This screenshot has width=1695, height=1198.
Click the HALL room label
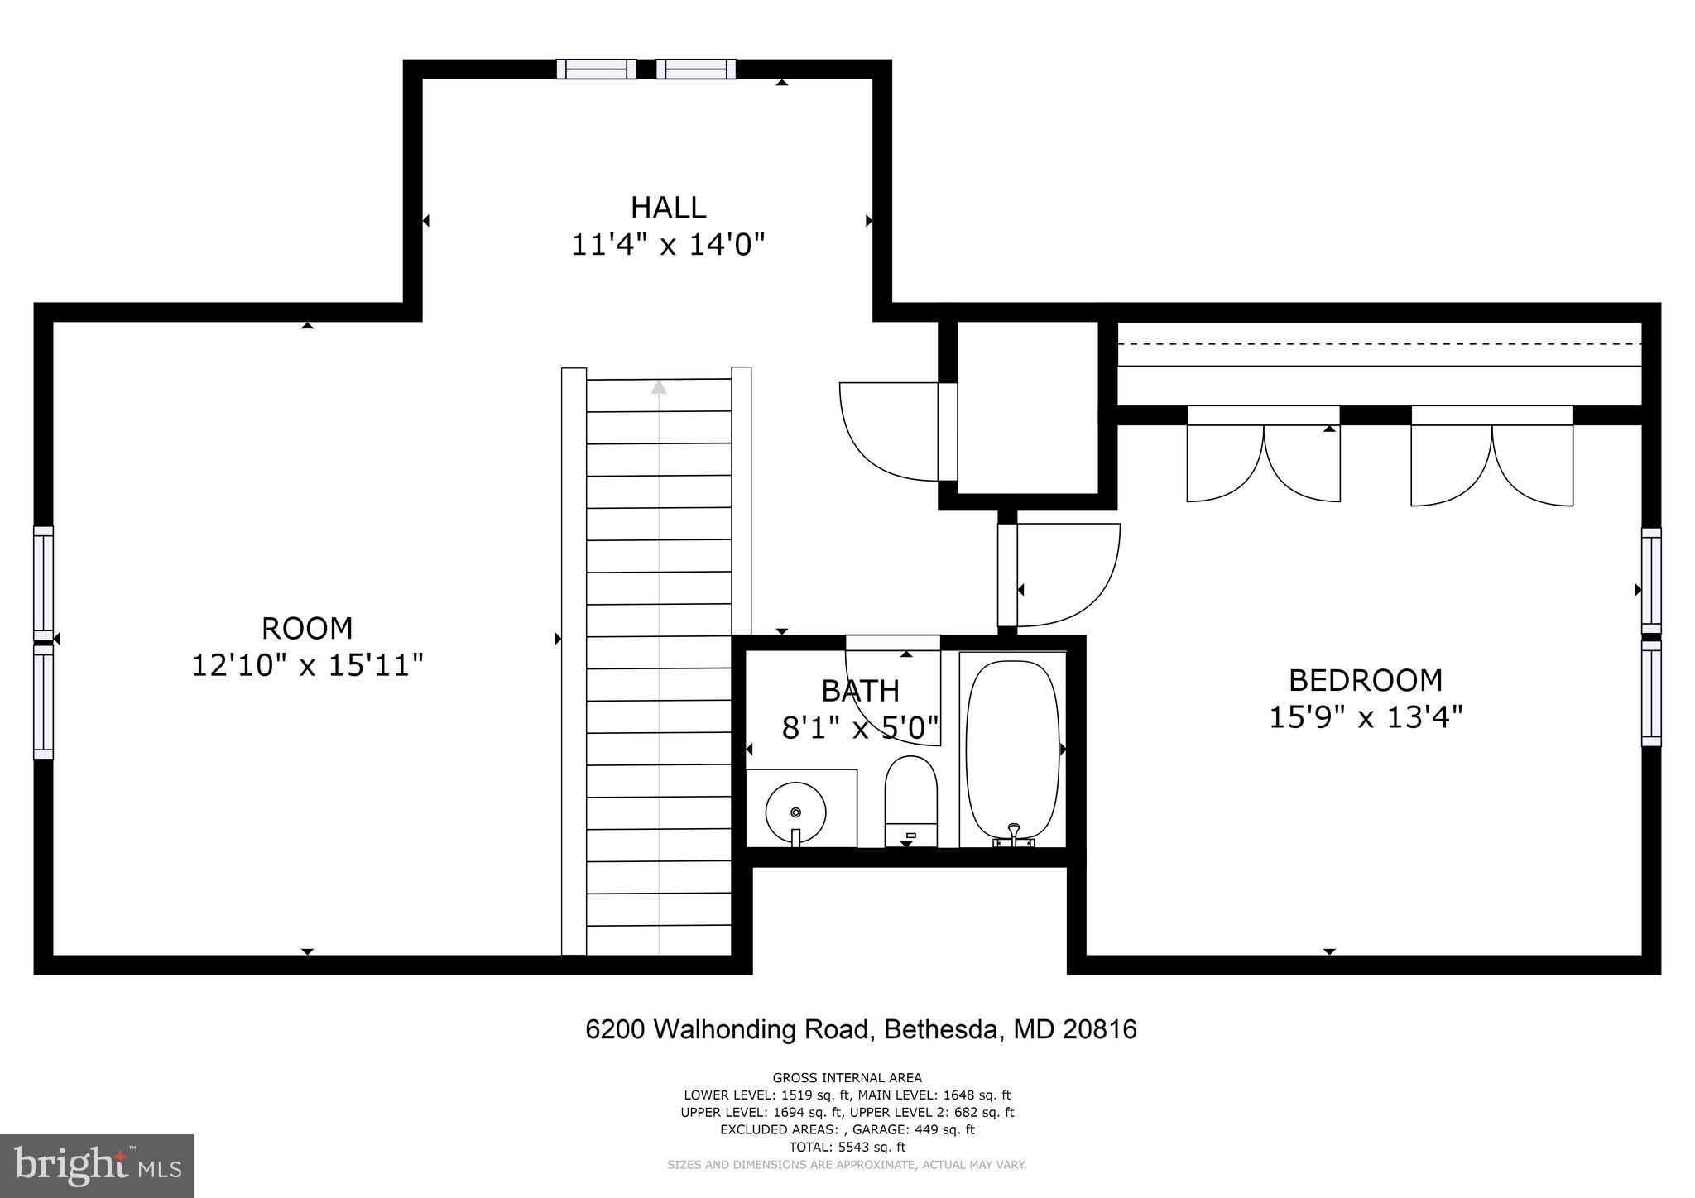pos(668,207)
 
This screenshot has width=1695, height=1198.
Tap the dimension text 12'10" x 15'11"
pos(307,665)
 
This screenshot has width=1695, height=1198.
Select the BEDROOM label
pos(1365,680)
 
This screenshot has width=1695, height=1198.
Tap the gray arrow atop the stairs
pos(659,386)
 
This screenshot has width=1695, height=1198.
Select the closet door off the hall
pos(890,430)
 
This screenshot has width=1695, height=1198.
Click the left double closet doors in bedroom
pos(1263,459)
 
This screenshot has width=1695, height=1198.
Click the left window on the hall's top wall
pos(596,69)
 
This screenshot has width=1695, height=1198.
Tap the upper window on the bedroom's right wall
pos(1650,580)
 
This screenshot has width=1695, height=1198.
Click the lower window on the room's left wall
pos(43,701)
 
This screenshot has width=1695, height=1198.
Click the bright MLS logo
pos(97,1166)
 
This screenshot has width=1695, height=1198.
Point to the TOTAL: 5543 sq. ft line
pos(847,1147)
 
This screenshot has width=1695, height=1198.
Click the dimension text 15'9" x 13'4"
pos(1365,716)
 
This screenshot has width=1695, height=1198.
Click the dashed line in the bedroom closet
pos(1378,343)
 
